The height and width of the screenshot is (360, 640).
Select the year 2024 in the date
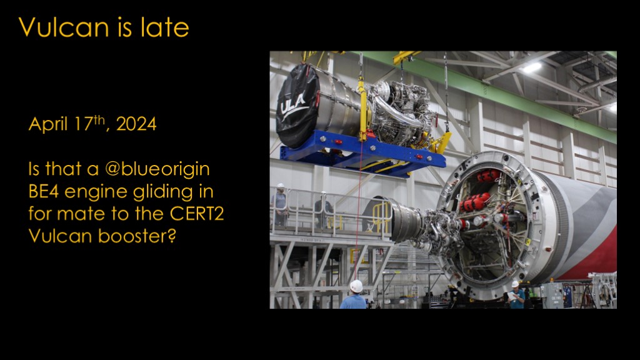[136, 124]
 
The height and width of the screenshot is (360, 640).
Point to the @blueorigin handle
[157, 169]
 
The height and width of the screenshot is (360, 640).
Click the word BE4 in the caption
[44, 191]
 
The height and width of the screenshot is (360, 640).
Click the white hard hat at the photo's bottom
[356, 286]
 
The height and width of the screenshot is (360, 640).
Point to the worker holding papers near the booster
[516, 295]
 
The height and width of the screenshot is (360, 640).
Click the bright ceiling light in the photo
[532, 67]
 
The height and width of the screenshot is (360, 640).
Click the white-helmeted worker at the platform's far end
[279, 204]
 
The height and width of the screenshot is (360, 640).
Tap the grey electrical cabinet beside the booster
[552, 295]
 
